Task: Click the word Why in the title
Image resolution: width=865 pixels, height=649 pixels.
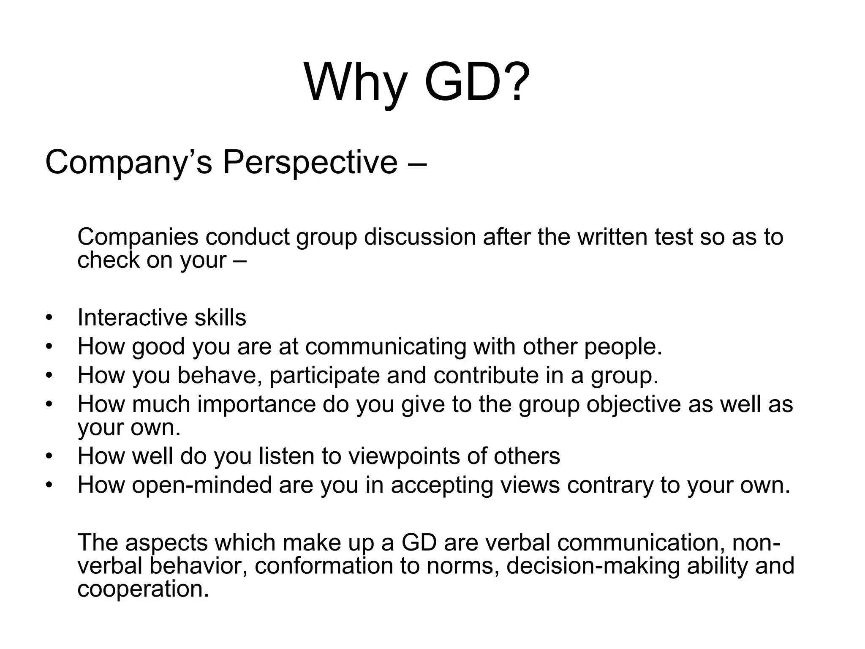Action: (x=356, y=82)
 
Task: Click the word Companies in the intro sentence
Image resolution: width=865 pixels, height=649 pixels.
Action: (x=138, y=237)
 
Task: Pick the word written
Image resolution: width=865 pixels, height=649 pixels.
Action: (x=612, y=237)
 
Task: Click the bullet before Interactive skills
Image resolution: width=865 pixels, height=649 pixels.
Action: (x=50, y=318)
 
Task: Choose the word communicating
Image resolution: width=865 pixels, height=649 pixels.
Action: (x=386, y=346)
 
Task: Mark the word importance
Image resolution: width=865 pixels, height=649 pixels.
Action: (x=256, y=404)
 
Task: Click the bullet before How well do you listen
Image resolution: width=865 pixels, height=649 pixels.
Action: (x=50, y=456)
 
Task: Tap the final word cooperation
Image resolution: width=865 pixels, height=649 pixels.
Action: (x=143, y=589)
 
